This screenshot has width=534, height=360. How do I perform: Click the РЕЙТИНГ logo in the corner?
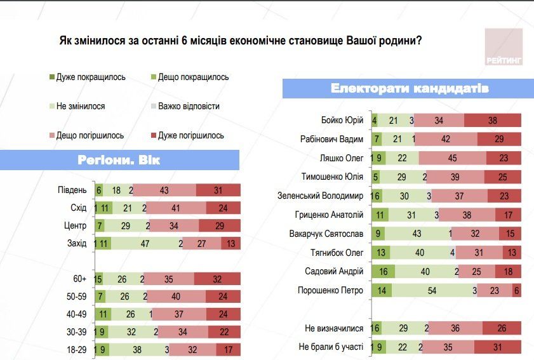click(504, 49)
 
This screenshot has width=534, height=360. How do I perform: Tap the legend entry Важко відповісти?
click(185, 106)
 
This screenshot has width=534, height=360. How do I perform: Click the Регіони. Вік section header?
click(119, 160)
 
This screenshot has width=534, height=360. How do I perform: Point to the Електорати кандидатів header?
click(410, 89)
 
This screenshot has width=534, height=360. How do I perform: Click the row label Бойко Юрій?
click(342, 120)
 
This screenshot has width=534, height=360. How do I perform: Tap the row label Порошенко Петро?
click(330, 291)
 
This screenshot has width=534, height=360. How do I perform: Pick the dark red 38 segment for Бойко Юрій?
click(493, 120)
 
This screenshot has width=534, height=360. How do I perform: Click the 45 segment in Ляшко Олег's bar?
click(452, 158)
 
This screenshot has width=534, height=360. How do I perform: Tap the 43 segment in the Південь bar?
click(164, 190)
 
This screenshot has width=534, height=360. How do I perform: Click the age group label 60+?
click(80, 278)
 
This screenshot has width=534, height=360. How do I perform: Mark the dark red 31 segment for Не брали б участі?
click(497, 347)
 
